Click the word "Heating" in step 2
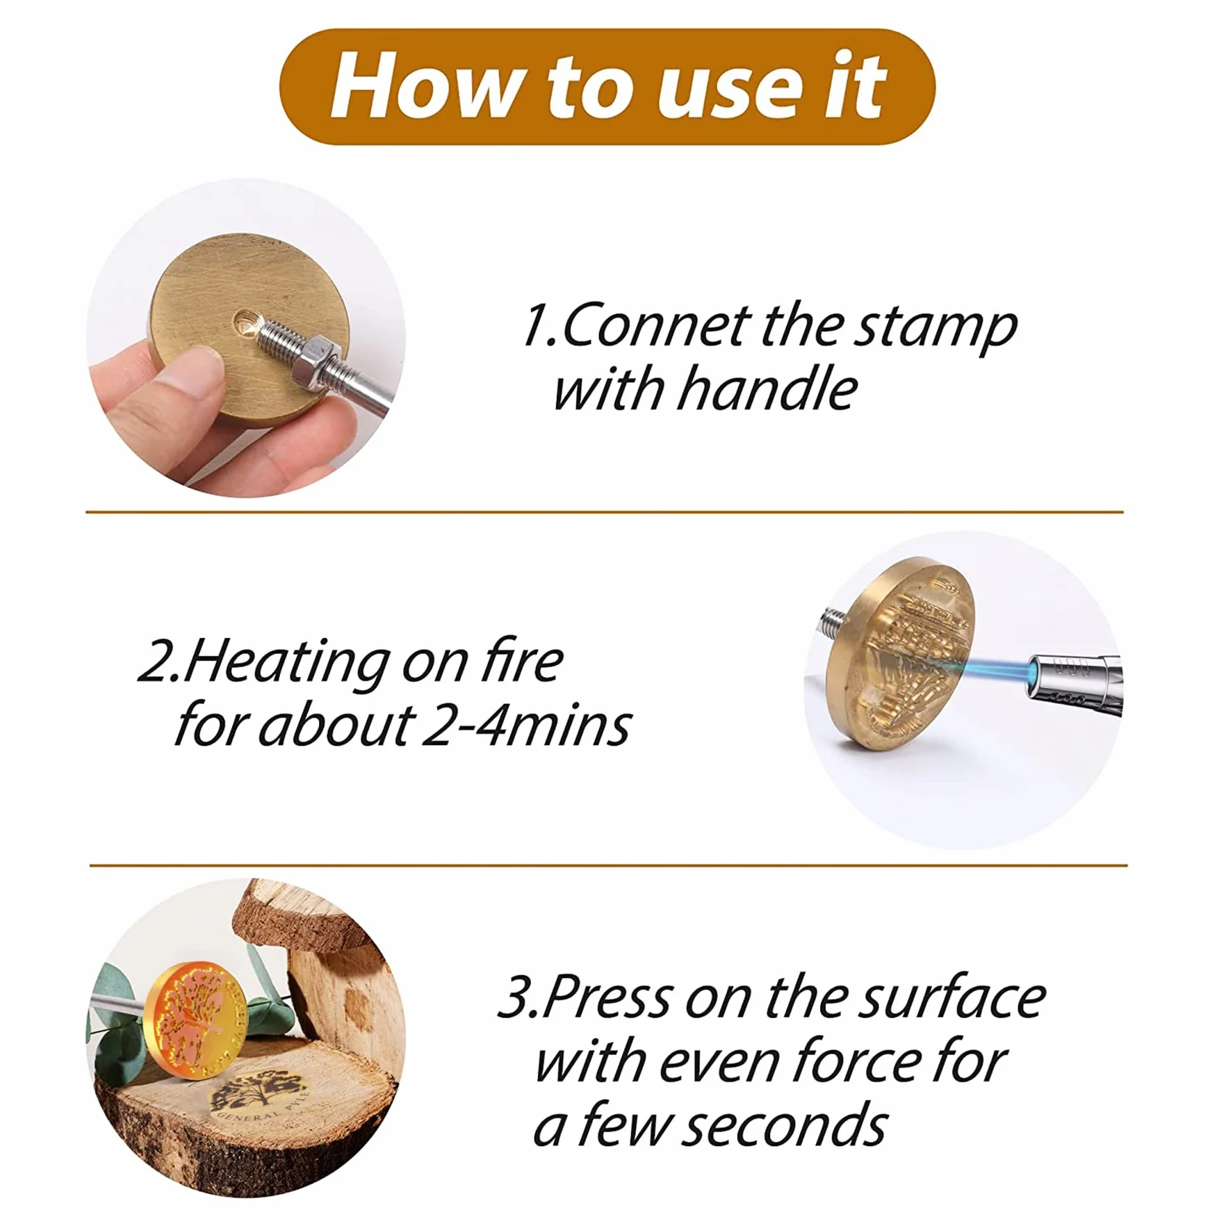[x=286, y=662]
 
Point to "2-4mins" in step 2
[x=526, y=725]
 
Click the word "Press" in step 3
[x=607, y=997]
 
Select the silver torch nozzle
[x=1074, y=684]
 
